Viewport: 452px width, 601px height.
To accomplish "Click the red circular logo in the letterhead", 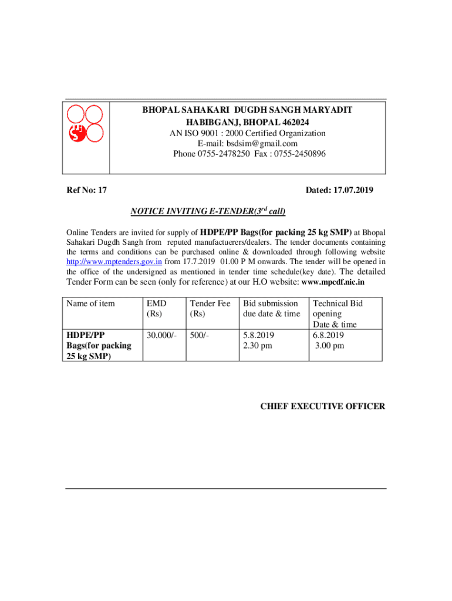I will pos(85,123).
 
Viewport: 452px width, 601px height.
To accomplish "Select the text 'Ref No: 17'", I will pos(86,190).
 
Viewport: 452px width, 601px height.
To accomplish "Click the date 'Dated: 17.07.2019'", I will pos(339,190).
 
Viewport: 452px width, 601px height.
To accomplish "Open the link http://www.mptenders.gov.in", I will pos(114,262).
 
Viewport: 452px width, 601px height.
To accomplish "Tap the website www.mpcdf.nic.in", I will pos(333,282).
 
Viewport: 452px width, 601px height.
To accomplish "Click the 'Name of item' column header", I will pos(91,303).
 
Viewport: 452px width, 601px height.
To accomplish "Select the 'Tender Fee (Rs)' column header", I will pos(210,308).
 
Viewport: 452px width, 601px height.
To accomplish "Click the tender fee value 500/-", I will pos(201,335).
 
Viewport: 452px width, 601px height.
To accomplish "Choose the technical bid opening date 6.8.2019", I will pos(328,335).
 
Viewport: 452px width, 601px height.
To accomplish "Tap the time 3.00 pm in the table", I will pos(329,346).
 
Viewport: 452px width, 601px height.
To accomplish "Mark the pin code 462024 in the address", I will pos(288,122).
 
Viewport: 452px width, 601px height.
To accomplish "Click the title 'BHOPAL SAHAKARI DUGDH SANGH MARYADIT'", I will pos(247,110).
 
